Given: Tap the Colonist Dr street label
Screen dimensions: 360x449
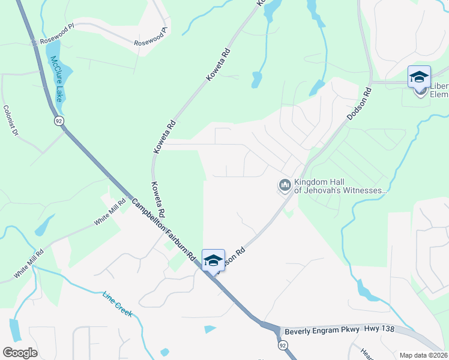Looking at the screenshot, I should point(11,120).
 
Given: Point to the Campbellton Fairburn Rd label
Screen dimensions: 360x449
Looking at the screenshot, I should point(163,229).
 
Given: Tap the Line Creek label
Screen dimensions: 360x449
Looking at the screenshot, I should point(117,304).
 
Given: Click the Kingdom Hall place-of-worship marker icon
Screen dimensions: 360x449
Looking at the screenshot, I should point(285,187).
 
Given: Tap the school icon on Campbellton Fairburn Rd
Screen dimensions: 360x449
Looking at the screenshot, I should point(213,260).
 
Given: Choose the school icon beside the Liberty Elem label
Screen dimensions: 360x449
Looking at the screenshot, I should point(419,77).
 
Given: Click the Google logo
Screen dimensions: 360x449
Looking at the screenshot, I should point(20,352).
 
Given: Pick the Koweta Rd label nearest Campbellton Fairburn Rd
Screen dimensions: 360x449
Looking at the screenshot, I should point(158,200).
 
